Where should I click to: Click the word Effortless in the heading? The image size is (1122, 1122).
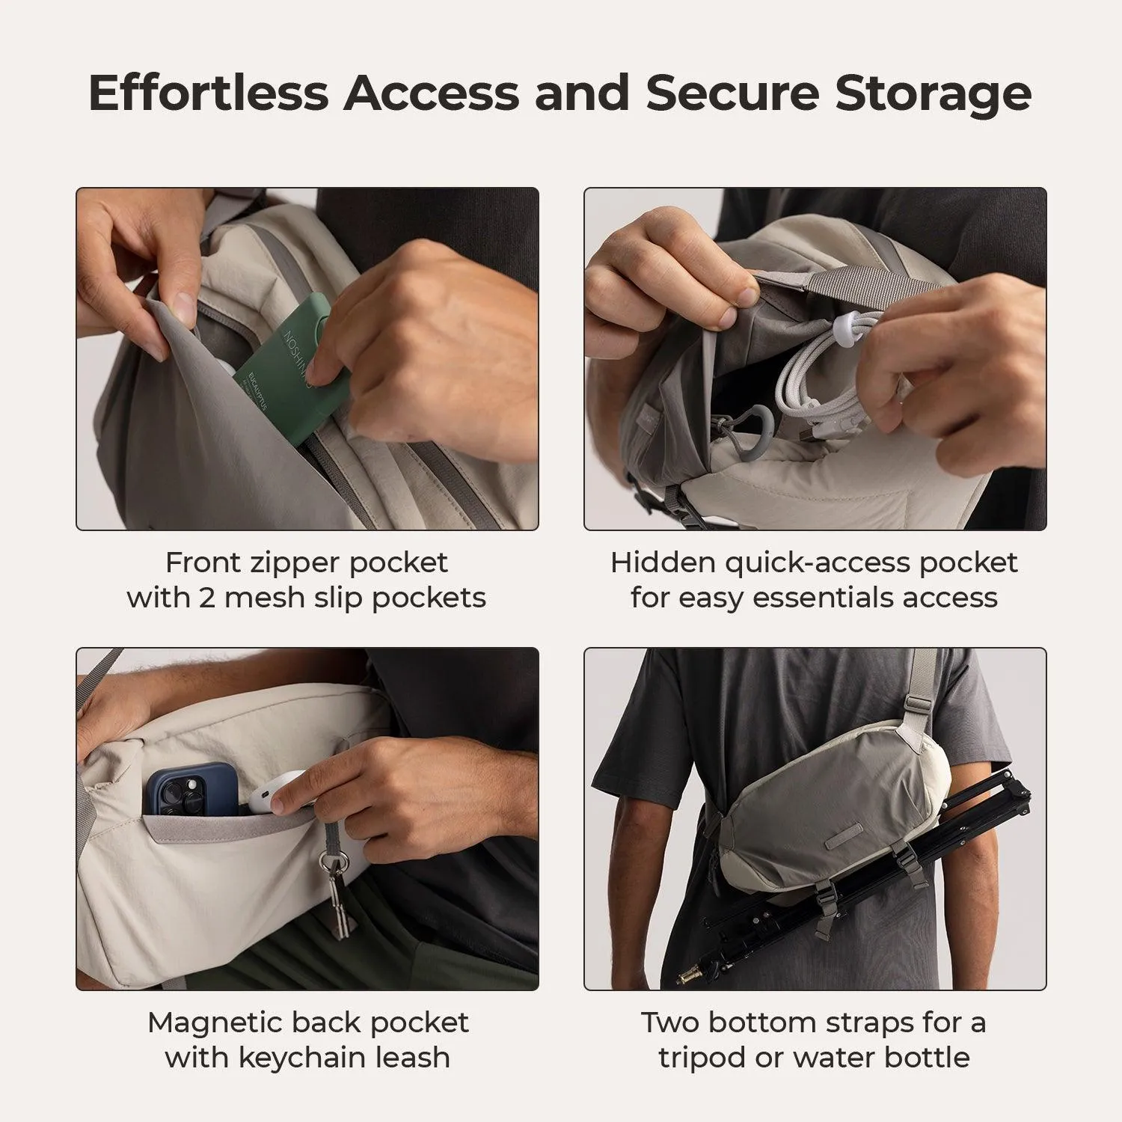pyautogui.click(x=208, y=93)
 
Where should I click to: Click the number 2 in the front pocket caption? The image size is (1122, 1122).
pyautogui.click(x=206, y=598)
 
